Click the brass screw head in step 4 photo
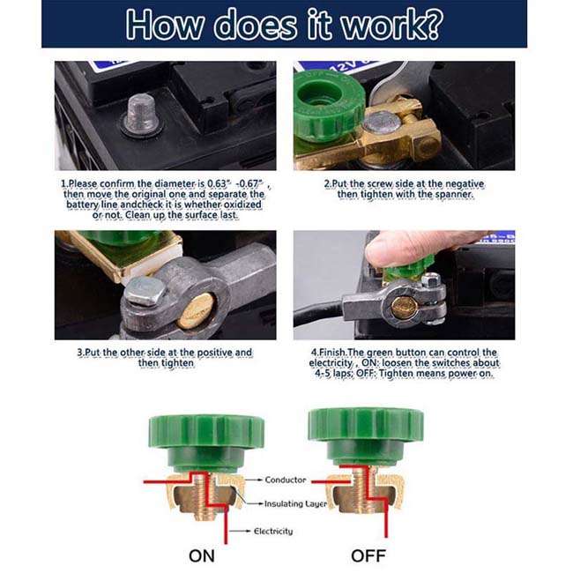405,307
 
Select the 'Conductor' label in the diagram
286,480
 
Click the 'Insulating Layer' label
295,504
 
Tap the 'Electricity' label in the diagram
273,532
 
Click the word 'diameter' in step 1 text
171,182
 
